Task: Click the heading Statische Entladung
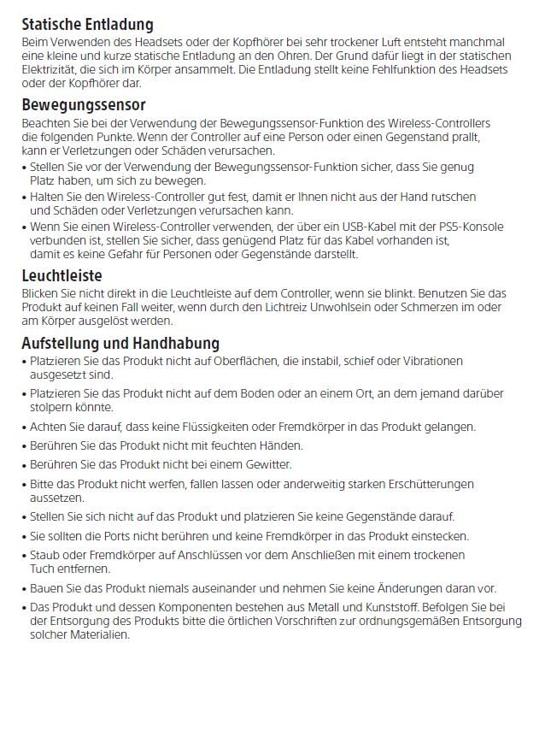[87, 25]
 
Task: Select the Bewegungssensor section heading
[84, 105]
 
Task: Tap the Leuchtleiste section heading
[62, 275]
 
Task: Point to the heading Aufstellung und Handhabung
[120, 343]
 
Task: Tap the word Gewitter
[265, 464]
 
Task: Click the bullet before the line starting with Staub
[24, 556]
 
